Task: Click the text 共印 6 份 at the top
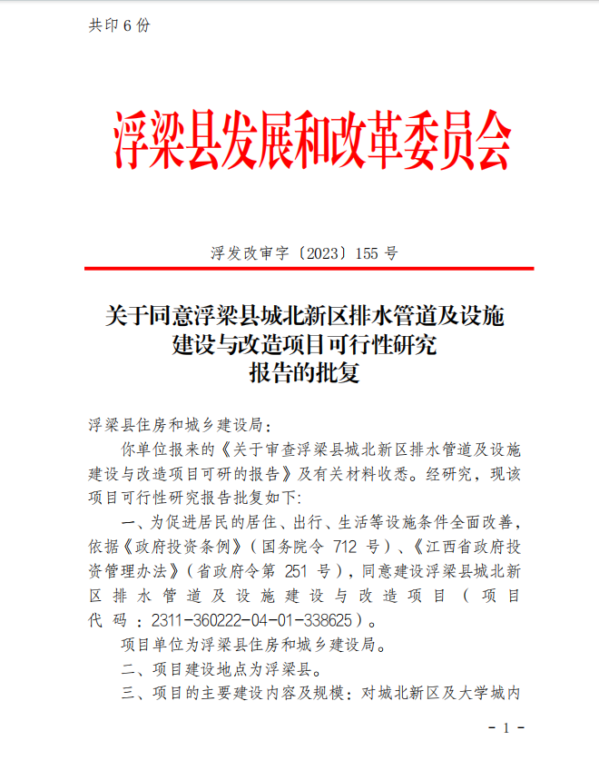click(119, 25)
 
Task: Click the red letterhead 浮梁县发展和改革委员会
click(311, 143)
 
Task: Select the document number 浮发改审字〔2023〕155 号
click(303, 253)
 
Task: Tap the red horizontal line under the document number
click(309, 269)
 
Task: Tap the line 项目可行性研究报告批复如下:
click(200, 498)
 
